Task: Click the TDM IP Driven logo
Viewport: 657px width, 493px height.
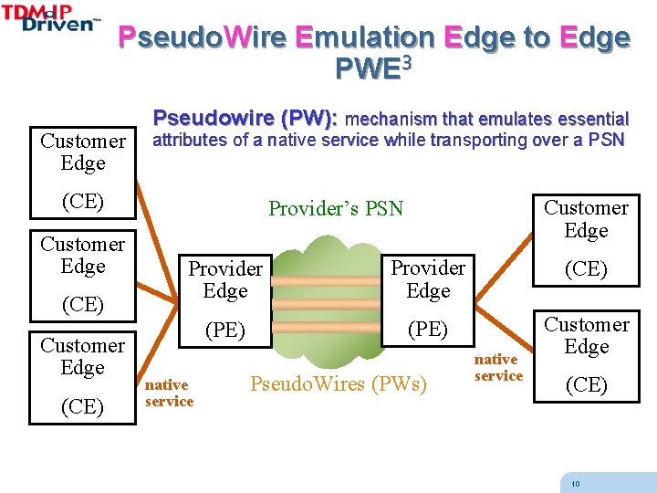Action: (52, 17)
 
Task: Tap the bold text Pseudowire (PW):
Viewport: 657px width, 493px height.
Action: (245, 118)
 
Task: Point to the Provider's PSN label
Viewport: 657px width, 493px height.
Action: (335, 208)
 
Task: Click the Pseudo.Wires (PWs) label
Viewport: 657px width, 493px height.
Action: (338, 383)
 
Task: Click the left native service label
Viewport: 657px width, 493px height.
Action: (169, 393)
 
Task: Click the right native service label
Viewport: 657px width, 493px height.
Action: (498, 368)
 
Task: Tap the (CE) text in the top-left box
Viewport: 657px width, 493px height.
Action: (82, 202)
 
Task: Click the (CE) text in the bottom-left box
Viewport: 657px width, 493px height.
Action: (82, 406)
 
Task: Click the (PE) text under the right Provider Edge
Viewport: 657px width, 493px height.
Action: (428, 329)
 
